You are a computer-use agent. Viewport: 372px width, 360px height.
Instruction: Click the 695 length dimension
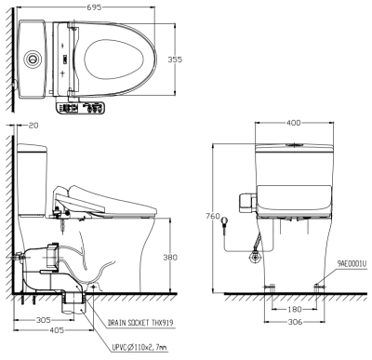94,7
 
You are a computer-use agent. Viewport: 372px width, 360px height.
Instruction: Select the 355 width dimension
175,59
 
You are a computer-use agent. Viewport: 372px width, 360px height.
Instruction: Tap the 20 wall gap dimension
33,126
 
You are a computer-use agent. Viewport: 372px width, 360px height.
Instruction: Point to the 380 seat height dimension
170,257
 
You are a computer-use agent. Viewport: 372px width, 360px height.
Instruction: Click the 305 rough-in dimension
44,320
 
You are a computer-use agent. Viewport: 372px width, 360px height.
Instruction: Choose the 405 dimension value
57,330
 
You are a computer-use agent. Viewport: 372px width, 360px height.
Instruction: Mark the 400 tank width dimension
293,123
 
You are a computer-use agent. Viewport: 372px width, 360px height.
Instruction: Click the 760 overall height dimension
213,216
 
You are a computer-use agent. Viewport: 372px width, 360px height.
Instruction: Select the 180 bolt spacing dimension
295,309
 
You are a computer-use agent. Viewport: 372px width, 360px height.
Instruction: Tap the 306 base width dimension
295,322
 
